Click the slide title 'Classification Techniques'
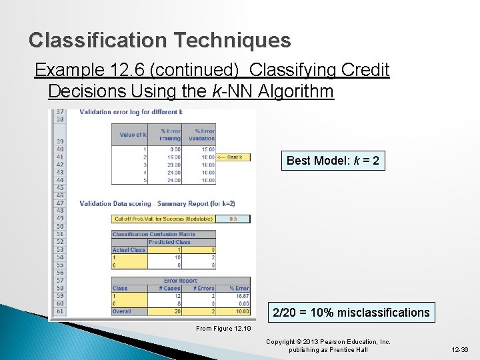point(159,41)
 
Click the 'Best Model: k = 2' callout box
point(333,161)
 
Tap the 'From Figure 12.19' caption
point(223,328)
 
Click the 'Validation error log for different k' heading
point(131,112)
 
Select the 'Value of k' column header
point(133,135)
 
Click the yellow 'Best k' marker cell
point(233,157)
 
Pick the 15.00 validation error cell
point(207,149)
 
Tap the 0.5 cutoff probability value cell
point(233,219)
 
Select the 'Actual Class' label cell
point(129,250)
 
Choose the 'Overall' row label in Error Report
point(123,311)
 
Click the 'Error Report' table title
point(181,281)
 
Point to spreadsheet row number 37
point(60,112)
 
